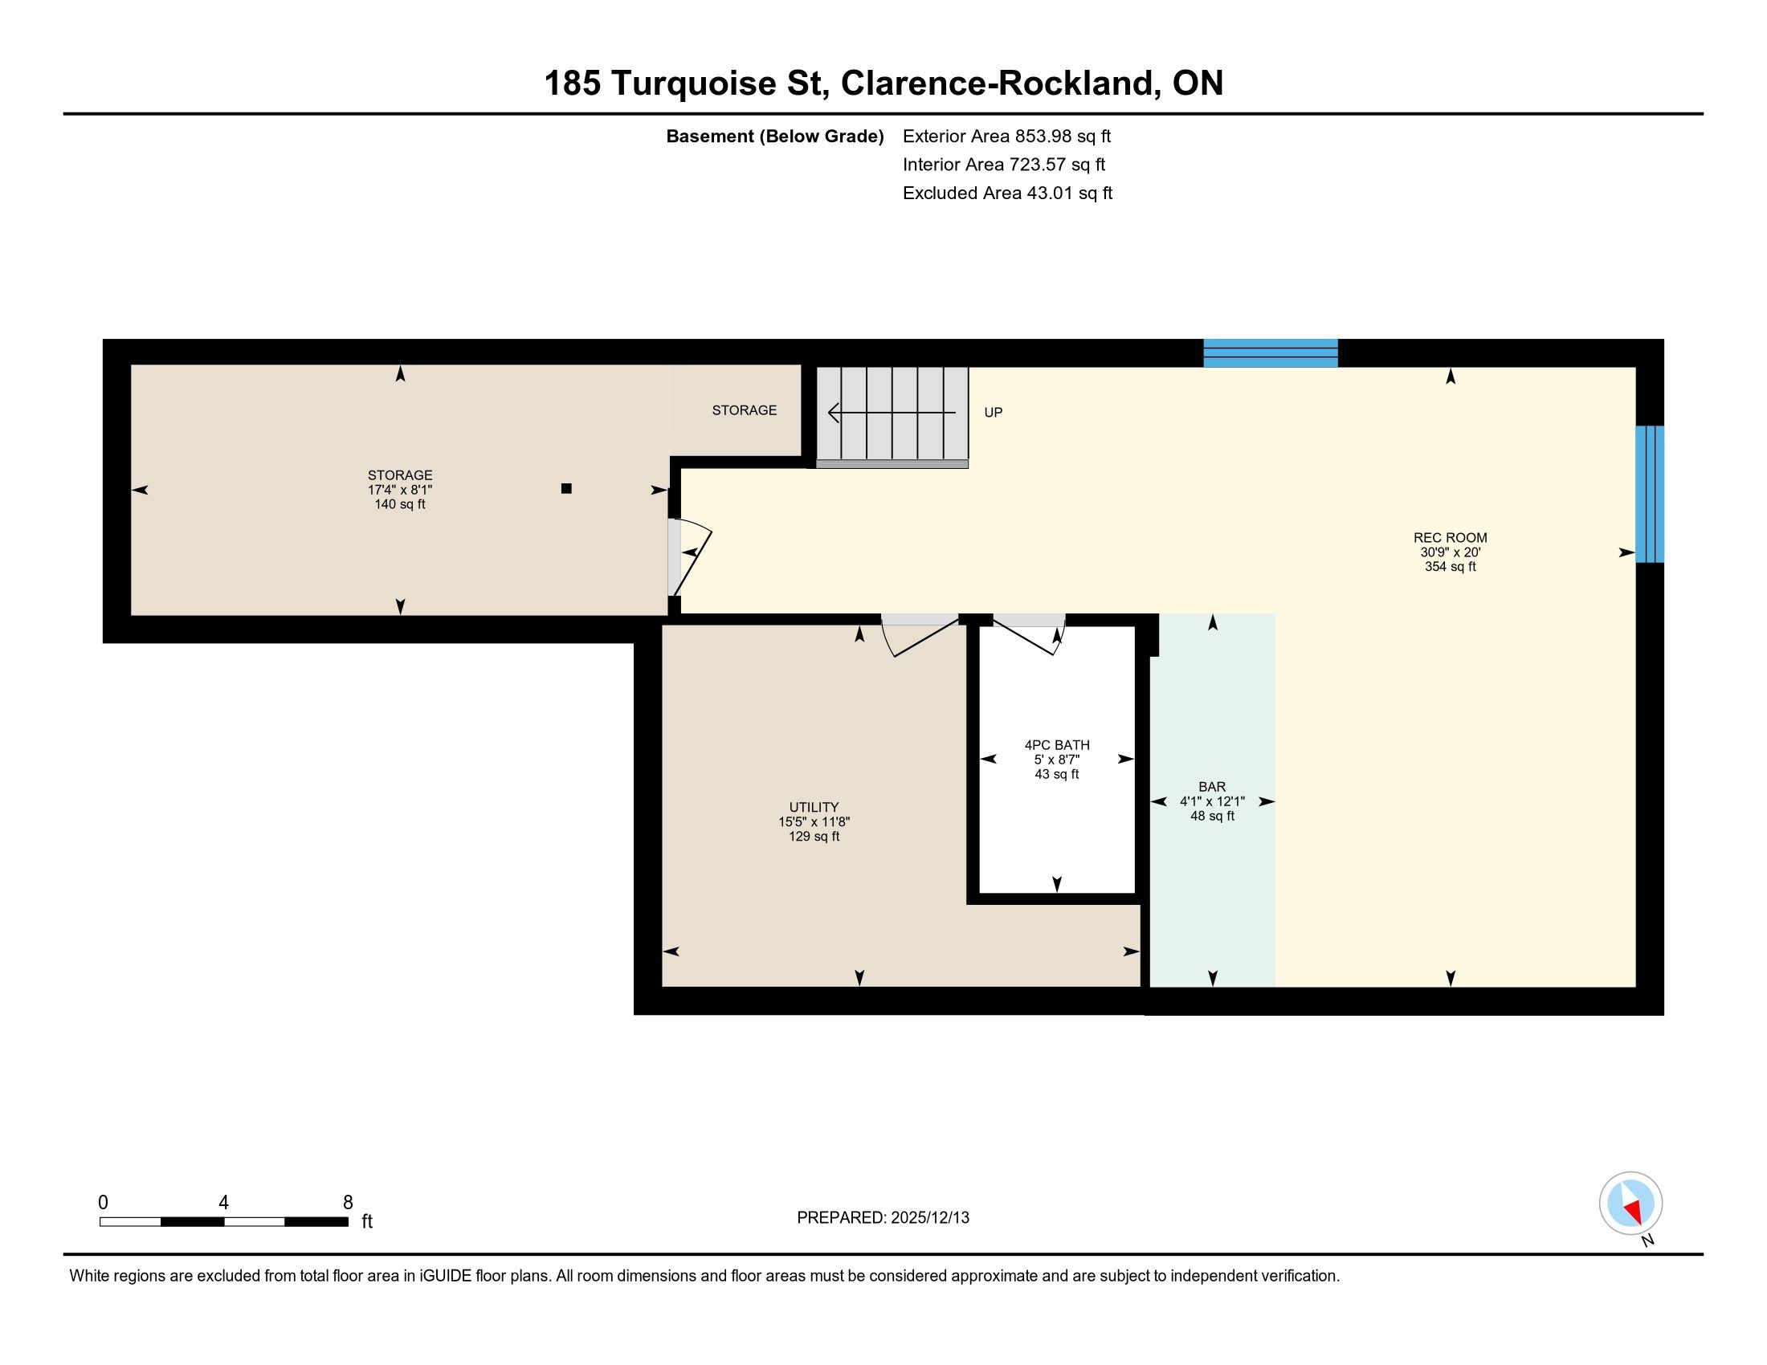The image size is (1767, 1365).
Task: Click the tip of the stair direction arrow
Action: (829, 414)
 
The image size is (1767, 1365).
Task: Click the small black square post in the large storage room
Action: (566, 488)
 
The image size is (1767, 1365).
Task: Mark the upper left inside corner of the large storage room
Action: (131, 365)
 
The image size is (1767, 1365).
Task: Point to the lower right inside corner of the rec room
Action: (1635, 987)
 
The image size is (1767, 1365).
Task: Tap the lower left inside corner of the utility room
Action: (663, 987)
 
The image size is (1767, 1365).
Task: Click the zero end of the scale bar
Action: (100, 1221)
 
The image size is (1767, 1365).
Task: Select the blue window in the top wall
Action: (1271, 353)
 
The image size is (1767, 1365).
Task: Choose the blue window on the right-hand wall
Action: (1649, 494)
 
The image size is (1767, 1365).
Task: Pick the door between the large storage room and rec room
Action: (688, 556)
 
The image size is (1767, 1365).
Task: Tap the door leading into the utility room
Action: (920, 635)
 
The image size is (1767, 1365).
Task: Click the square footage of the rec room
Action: (1450, 567)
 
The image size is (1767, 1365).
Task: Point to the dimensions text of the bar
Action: (1212, 801)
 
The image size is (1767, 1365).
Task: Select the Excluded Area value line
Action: (1007, 194)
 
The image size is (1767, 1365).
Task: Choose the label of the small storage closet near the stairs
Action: (745, 411)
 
